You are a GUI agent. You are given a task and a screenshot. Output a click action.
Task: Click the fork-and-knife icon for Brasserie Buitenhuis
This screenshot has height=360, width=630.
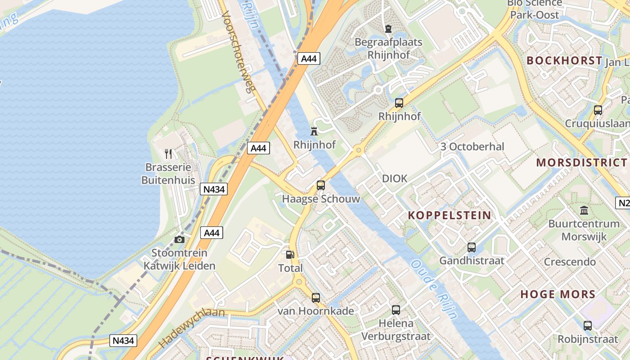click(168, 154)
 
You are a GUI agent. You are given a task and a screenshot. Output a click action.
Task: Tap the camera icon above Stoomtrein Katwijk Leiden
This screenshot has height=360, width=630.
click(180, 239)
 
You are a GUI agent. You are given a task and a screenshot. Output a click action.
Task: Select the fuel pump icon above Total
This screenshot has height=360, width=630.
click(290, 255)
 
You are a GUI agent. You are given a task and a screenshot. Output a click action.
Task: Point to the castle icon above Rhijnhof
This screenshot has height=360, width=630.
click(314, 131)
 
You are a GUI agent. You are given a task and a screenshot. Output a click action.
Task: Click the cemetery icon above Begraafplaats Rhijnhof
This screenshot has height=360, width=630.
click(388, 29)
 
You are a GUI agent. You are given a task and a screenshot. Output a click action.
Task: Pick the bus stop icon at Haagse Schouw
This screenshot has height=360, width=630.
click(320, 185)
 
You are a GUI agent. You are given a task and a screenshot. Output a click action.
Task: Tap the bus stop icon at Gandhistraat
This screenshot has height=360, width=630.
click(472, 247)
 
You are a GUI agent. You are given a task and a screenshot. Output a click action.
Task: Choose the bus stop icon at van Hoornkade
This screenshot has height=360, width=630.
click(316, 297)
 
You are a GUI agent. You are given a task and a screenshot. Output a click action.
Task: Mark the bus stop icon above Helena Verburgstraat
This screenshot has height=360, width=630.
click(396, 310)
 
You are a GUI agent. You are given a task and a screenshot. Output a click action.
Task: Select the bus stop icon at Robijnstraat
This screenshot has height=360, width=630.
click(588, 326)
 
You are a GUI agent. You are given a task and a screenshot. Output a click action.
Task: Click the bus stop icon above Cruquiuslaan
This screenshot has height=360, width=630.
click(598, 110)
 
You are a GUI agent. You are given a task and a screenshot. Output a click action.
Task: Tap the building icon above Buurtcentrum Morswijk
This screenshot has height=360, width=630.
click(584, 210)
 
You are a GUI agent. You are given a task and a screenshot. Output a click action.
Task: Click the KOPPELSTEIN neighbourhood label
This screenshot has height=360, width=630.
click(450, 215)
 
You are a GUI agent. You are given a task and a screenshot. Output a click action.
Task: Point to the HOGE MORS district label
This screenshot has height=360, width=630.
click(558, 294)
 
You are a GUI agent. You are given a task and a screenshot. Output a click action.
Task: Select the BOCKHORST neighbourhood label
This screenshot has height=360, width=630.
click(564, 61)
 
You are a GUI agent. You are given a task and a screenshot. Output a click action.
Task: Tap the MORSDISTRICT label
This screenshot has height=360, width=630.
click(581, 162)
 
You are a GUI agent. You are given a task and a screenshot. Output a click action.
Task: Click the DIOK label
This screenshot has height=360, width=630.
click(395, 179)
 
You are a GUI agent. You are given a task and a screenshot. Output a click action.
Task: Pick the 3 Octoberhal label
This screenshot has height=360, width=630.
click(472, 147)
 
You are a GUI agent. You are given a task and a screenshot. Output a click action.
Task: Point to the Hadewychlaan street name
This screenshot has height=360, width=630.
click(192, 328)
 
